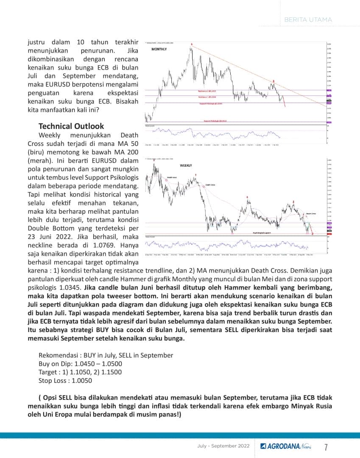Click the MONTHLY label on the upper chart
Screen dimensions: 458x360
(x=159, y=50)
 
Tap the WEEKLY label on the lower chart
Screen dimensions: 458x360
(x=186, y=165)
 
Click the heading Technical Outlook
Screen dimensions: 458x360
(x=71, y=126)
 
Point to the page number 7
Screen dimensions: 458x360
(x=326, y=447)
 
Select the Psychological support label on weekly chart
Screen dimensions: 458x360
(x=262, y=233)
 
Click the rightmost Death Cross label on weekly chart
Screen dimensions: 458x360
(x=311, y=214)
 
